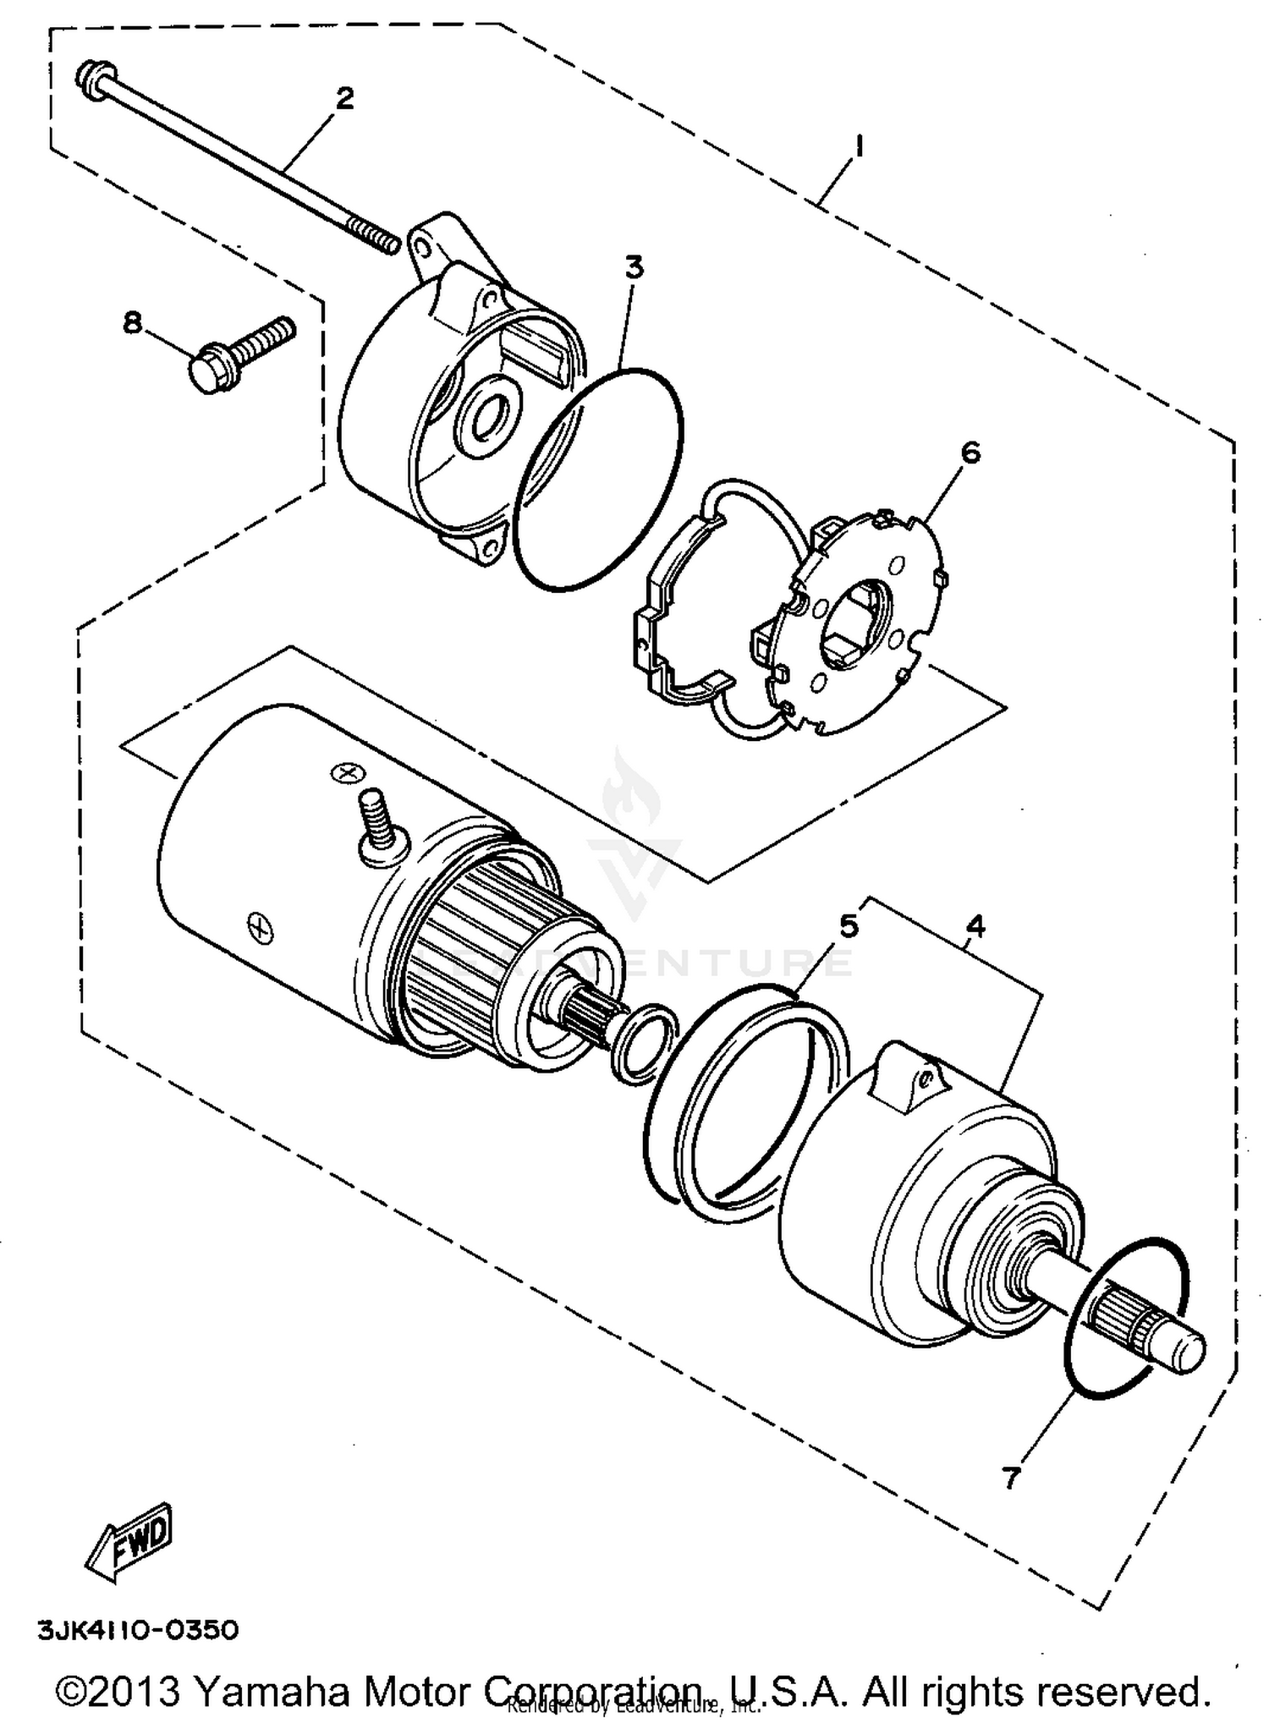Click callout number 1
tap(858, 147)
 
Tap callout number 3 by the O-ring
tap(634, 266)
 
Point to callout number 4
tap(975, 926)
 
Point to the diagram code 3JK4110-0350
tap(138, 1629)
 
